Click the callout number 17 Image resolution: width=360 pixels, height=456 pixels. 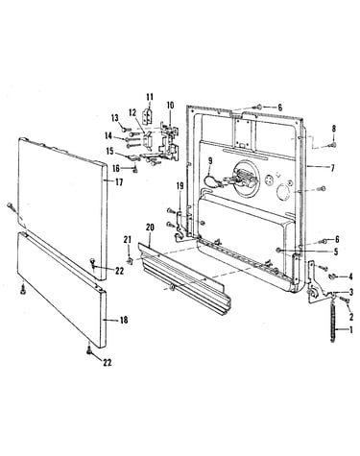[119, 182]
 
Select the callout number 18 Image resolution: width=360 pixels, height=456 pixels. [124, 320]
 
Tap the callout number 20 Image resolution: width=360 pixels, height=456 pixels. [150, 228]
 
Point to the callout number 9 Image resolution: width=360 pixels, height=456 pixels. [210, 161]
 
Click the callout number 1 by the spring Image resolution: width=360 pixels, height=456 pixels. [351, 330]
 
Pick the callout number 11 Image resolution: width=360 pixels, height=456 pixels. [150, 97]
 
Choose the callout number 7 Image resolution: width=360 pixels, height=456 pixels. [332, 168]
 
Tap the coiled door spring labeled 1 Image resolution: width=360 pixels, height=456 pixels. [335, 324]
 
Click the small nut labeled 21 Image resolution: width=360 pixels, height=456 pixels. [130, 261]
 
